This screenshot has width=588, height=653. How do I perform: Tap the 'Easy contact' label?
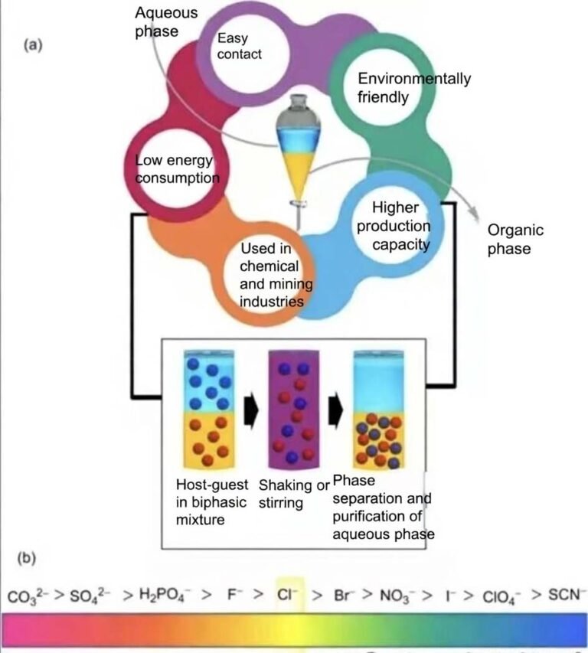coord(239,46)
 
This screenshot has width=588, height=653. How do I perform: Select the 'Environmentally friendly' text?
coord(414,88)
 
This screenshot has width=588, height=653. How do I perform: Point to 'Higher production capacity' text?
coord(393,227)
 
